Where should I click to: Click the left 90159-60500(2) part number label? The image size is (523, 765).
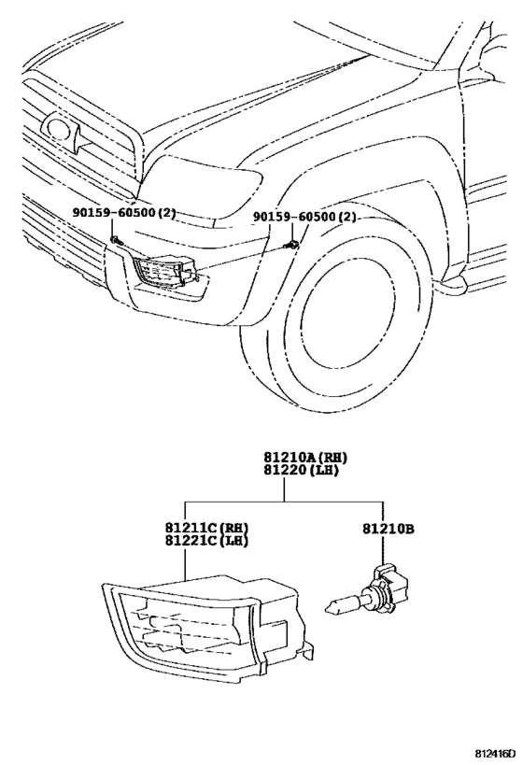124,213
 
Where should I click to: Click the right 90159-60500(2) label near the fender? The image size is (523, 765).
304,217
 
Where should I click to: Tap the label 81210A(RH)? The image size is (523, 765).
304,456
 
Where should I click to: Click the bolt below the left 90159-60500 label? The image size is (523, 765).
114,241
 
